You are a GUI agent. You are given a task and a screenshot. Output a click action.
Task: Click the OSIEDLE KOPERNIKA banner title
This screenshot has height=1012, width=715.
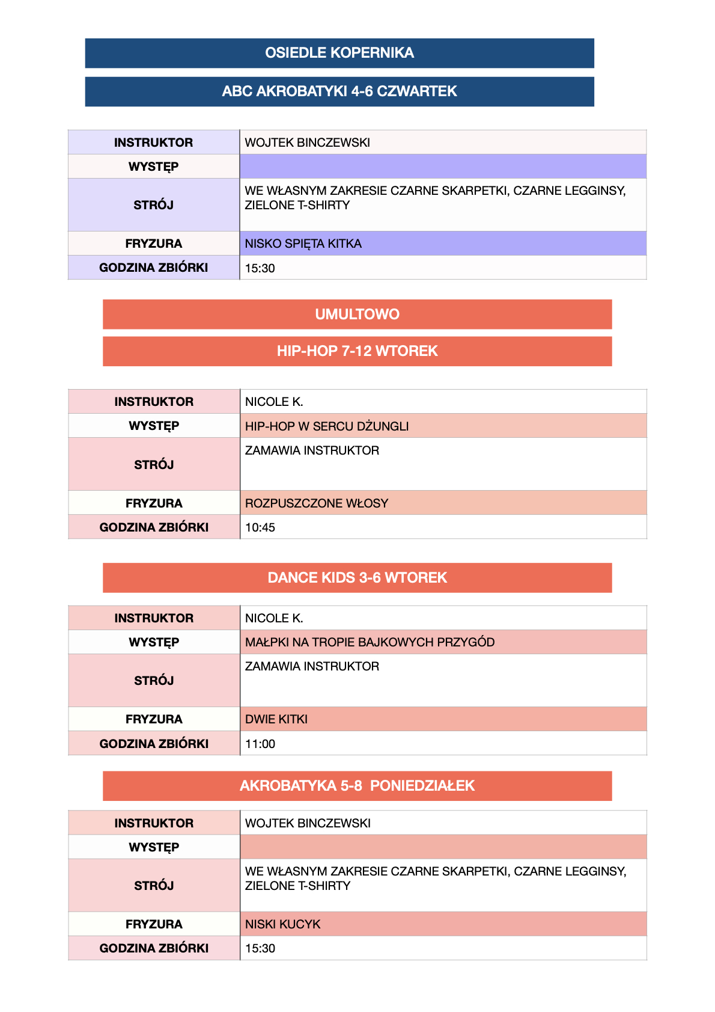[339, 53]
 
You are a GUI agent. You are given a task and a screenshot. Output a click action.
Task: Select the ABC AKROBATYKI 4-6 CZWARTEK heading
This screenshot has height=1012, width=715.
[339, 91]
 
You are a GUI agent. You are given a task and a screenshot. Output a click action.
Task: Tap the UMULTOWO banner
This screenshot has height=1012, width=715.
[357, 314]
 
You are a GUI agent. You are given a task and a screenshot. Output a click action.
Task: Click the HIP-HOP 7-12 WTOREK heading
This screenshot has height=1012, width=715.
[357, 351]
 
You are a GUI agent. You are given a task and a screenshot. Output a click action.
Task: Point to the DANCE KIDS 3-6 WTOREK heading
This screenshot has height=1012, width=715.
[357, 578]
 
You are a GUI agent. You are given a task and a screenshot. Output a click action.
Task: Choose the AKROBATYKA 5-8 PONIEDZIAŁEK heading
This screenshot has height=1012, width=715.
[357, 786]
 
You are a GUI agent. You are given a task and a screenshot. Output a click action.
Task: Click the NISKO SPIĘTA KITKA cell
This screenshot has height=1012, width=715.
[303, 244]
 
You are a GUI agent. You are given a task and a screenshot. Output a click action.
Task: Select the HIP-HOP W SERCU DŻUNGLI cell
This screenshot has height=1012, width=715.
[326, 426]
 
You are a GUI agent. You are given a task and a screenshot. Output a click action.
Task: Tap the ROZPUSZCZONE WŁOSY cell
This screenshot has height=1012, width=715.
[317, 503]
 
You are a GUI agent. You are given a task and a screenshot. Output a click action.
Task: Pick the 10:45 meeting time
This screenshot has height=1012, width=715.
[260, 527]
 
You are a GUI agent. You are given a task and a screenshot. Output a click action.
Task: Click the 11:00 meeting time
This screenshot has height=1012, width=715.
[260, 744]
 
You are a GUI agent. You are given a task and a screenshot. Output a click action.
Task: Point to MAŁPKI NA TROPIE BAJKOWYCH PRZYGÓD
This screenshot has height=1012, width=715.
[370, 642]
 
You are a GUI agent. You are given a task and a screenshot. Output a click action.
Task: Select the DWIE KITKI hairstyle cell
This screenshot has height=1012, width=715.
[276, 719]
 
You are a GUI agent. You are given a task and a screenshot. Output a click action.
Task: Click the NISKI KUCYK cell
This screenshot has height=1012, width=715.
[283, 924]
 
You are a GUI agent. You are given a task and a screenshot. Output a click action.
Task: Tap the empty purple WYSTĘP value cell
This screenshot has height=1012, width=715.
[443, 167]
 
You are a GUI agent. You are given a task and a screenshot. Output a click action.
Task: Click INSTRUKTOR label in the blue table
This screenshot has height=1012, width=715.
[154, 143]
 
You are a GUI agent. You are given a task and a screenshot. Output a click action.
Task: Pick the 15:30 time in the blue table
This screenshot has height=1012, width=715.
[260, 268]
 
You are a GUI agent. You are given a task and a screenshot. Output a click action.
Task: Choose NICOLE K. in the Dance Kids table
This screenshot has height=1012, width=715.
[274, 618]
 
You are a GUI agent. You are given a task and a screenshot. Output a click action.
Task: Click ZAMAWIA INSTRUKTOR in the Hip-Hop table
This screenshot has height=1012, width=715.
[312, 450]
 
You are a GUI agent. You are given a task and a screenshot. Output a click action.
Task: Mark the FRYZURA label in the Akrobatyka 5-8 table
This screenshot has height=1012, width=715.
[154, 924]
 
